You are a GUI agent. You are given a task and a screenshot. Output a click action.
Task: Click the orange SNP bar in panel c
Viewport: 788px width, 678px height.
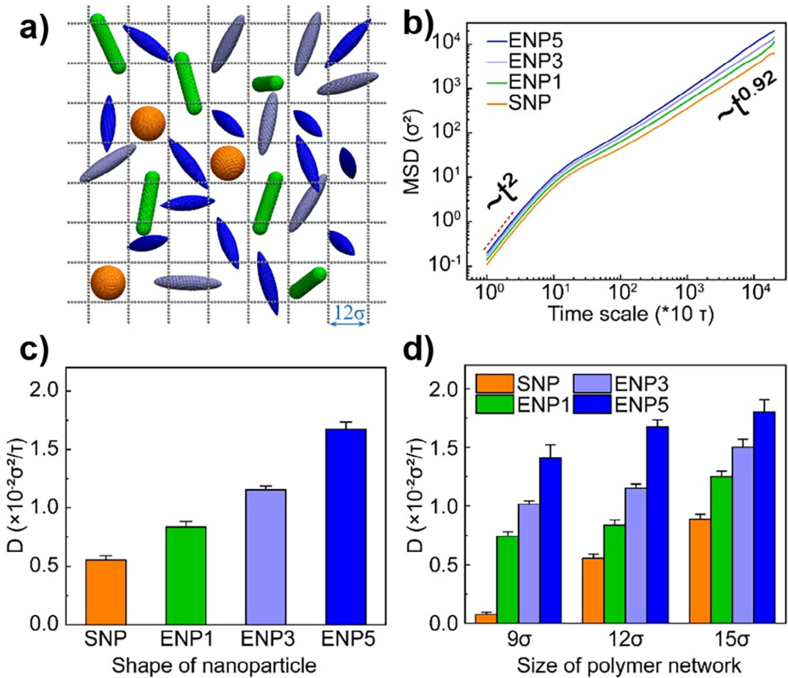click(x=106, y=592)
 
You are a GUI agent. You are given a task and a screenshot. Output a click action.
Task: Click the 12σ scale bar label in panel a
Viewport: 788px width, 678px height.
click(x=348, y=313)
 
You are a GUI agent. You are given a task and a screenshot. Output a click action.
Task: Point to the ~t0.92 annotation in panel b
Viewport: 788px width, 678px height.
click(x=747, y=98)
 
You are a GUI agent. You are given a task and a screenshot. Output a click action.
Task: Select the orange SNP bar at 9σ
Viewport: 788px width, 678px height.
click(x=486, y=619)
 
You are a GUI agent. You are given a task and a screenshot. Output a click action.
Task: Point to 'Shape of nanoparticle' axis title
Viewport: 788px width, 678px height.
click(x=214, y=665)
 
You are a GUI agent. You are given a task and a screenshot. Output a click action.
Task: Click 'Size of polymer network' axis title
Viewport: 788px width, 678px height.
click(x=629, y=665)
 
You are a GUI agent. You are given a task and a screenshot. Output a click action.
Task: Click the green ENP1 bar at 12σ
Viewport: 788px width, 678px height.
click(x=614, y=574)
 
